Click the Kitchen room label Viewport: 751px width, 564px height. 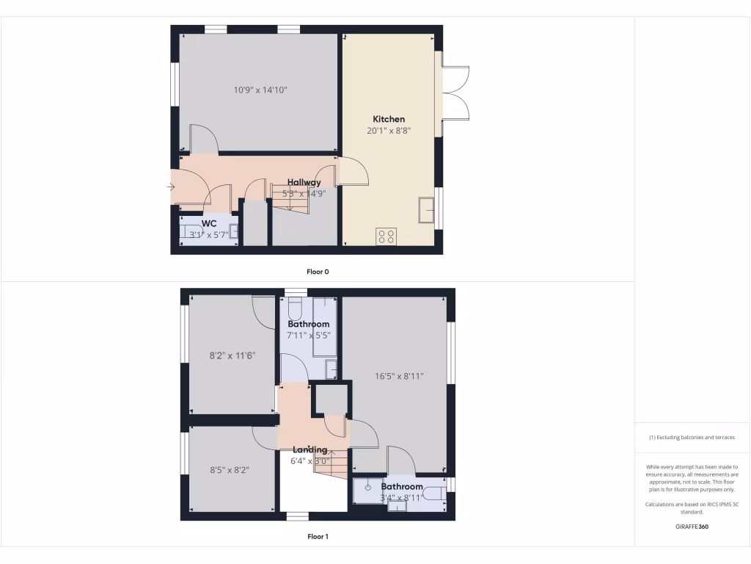389,119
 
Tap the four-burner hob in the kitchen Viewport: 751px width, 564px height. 386,236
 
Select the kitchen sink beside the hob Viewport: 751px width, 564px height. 426,209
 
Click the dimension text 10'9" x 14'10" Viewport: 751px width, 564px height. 260,90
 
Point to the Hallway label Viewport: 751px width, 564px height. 304,182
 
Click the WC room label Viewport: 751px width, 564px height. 209,223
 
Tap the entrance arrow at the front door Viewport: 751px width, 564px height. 171,187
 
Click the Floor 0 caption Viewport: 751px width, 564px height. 318,272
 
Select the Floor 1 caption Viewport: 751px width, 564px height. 318,537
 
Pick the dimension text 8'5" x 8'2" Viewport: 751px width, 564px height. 230,469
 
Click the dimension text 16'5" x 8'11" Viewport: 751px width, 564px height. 400,376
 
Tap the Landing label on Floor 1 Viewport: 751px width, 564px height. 310,449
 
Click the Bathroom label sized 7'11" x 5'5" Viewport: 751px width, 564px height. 308,324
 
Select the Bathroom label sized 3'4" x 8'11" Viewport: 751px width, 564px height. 401,486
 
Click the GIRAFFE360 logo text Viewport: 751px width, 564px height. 692,527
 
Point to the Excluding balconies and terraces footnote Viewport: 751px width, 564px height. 692,438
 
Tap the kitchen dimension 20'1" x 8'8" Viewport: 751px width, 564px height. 389,131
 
